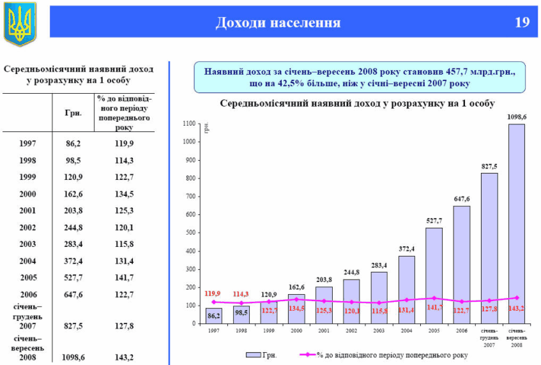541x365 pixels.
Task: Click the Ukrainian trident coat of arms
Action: coord(20,24)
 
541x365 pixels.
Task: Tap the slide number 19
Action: coord(522,23)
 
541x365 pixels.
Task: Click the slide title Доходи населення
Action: coord(278,23)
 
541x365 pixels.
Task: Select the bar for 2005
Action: coord(434,275)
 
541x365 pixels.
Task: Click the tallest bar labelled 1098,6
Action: coord(517,223)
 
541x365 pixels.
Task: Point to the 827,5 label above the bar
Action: coord(489,166)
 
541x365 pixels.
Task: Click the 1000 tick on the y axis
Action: coord(190,142)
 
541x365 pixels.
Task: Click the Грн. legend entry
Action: coord(261,354)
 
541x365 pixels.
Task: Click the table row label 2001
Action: coord(27,211)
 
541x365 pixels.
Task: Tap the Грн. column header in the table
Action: coord(73,113)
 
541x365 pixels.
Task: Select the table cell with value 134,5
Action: coord(123,194)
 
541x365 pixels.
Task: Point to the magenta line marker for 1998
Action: coord(241,303)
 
